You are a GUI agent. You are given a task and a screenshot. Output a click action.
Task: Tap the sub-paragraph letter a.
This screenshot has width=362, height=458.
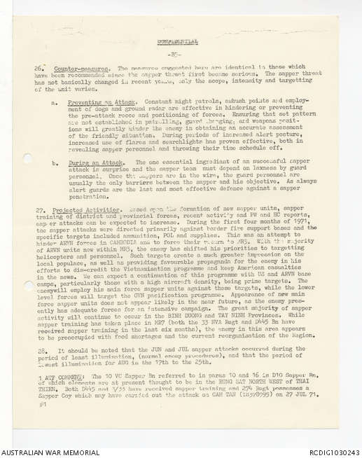tap(55, 102)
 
